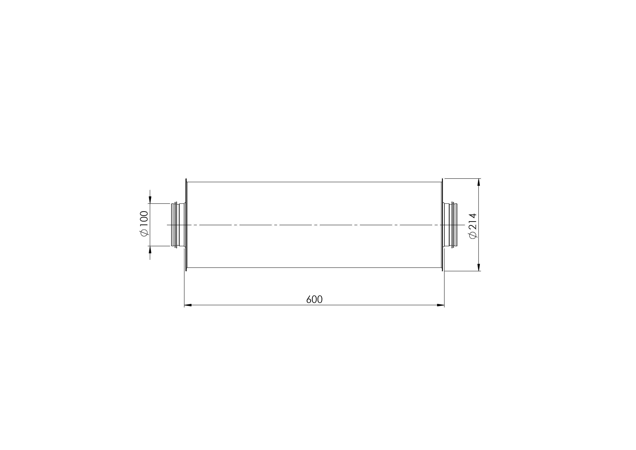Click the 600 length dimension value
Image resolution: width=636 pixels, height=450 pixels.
(x=314, y=300)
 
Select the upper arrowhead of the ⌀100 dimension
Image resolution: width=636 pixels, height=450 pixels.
(x=150, y=200)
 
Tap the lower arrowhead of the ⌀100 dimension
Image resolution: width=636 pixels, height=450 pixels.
(x=150, y=249)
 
